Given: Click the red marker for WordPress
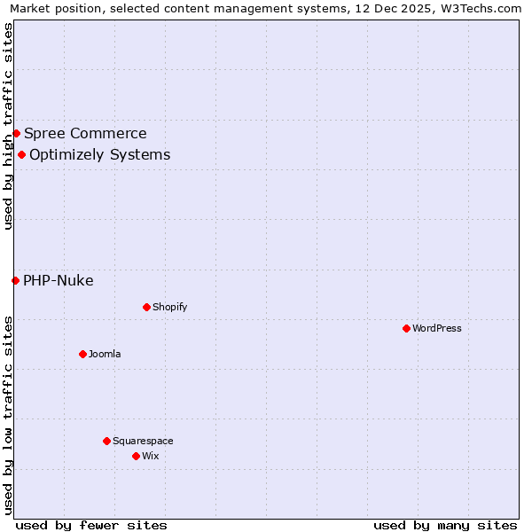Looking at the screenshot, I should click(x=406, y=328).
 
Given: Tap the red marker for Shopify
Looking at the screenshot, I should click(x=146, y=307).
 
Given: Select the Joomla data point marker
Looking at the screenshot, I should click(x=82, y=354).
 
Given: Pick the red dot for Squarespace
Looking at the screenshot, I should click(x=106, y=441).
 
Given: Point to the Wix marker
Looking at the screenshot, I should click(x=136, y=456).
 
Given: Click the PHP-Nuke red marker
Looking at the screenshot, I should click(x=15, y=280).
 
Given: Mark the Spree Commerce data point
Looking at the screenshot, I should click(x=16, y=133).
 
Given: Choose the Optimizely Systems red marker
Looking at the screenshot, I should click(x=21, y=154).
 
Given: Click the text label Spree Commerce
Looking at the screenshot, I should click(x=85, y=134).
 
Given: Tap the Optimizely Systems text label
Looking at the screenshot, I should click(x=99, y=155).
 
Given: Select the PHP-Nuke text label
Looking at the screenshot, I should click(x=58, y=281).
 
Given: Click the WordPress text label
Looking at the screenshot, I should click(x=437, y=328).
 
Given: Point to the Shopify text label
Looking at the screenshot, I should click(x=169, y=307).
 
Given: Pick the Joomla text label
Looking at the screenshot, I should click(x=105, y=354).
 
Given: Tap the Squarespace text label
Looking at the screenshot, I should click(x=143, y=441).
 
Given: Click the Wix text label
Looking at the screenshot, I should click(x=150, y=456).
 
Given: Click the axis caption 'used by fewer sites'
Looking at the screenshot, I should click(x=91, y=525).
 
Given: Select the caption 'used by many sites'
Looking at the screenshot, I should click(x=445, y=525).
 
